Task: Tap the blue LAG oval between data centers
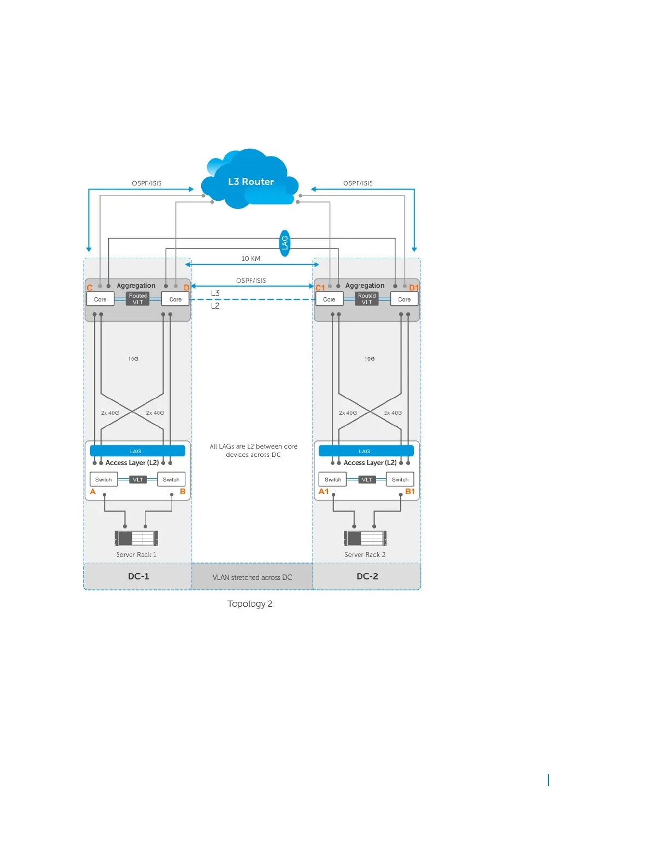pos(284,243)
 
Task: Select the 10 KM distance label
pos(251,259)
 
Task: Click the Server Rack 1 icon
pos(136,538)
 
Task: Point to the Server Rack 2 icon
pos(365,538)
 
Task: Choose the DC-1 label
pos(138,576)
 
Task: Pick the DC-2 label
pos(367,576)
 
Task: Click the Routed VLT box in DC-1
pos(138,299)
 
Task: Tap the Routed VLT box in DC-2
pos(367,299)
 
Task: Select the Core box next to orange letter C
pos(100,299)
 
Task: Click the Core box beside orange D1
pos(404,299)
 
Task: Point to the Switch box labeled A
pos(103,479)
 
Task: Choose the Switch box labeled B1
pos(400,479)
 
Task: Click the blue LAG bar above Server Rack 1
pos(137,451)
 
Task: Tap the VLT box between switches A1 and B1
pos(367,480)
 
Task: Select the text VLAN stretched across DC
pos(252,577)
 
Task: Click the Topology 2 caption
pos(250,603)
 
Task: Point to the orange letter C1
pos(320,288)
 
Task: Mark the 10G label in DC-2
pos(370,359)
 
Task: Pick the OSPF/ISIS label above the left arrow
pos(147,183)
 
